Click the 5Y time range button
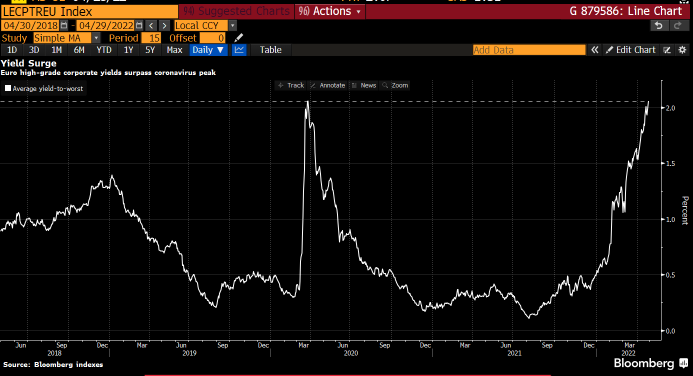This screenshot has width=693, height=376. [x=150, y=50]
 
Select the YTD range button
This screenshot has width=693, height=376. [x=104, y=50]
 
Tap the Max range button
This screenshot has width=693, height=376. [x=174, y=50]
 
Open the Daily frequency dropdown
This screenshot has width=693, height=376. [x=208, y=50]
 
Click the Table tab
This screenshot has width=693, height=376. [x=270, y=50]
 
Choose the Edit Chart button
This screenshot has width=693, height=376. [x=630, y=50]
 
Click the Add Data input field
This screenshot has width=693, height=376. [x=529, y=50]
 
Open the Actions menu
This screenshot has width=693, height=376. [x=330, y=11]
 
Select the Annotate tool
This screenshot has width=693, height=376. [x=328, y=85]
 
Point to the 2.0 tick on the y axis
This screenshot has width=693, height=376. [x=670, y=108]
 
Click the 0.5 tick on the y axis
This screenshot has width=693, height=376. [x=670, y=275]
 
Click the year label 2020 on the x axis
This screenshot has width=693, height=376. [x=350, y=353]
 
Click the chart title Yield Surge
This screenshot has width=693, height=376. [x=28, y=63]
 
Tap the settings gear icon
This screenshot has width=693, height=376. [x=682, y=50]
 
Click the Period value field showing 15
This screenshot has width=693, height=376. [x=151, y=38]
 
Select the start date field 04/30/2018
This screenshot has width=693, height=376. [x=30, y=25]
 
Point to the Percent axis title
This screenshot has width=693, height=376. [x=684, y=210]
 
